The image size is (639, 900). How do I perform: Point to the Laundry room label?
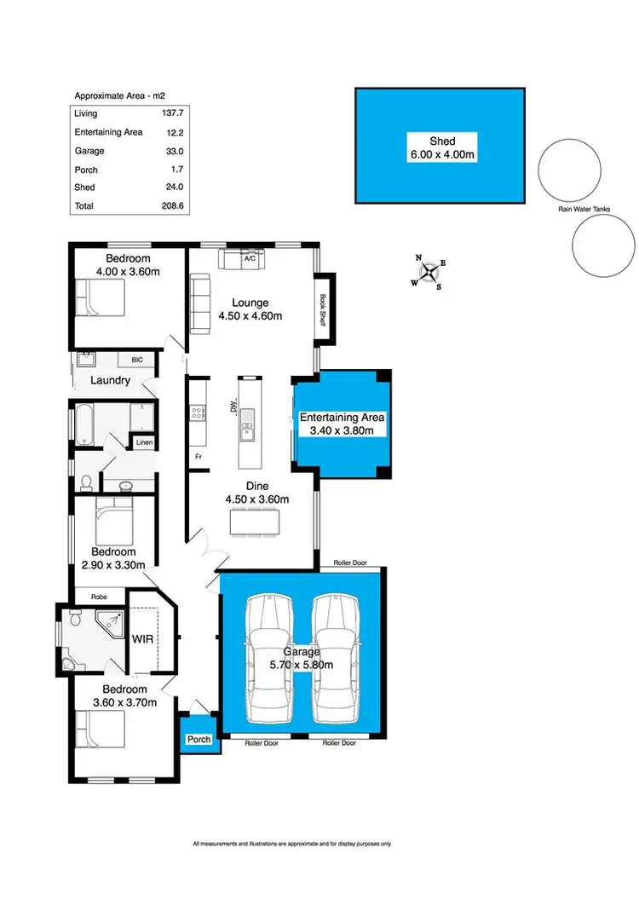coord(112,380)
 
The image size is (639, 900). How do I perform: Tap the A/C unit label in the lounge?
coord(250,257)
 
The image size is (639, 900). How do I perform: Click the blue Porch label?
coord(199,739)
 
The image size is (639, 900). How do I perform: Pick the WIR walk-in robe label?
coord(142,637)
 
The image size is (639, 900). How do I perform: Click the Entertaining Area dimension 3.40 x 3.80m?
coord(342,431)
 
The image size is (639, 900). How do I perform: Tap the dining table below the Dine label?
coord(253,521)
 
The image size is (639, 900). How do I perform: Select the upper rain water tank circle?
coord(569,170)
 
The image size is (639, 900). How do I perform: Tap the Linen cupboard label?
coord(141,442)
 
